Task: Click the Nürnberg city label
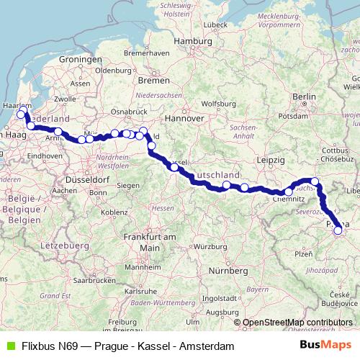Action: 226,271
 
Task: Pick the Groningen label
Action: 79,59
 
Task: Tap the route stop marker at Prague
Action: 338,231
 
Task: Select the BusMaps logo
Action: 325,346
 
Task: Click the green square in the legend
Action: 9,346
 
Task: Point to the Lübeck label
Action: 215,26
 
